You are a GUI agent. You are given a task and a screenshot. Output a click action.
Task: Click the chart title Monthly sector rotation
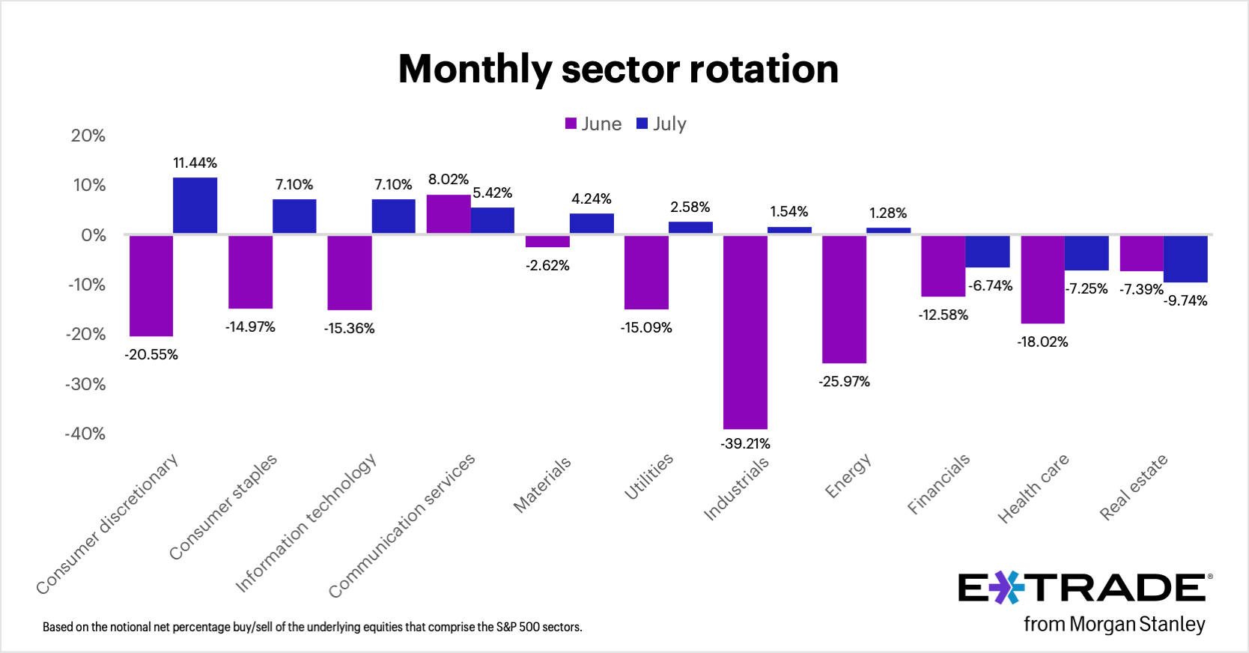(x=618, y=69)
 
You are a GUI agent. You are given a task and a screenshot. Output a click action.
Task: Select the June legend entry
(x=594, y=124)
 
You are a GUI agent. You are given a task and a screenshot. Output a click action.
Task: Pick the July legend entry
(x=662, y=124)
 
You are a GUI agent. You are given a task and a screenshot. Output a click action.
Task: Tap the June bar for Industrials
(x=745, y=332)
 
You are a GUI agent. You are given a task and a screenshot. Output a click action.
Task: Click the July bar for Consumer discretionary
(x=195, y=205)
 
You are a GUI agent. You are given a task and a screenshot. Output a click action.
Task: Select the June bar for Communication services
(x=448, y=214)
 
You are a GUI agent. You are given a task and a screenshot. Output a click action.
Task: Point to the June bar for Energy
(x=844, y=299)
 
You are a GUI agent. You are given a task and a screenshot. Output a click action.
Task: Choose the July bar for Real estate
(x=1185, y=258)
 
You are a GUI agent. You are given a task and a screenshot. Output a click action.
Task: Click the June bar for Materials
(x=547, y=241)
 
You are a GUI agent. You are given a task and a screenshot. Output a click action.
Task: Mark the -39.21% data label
(x=745, y=443)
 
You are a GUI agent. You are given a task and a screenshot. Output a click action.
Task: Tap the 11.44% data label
(x=195, y=163)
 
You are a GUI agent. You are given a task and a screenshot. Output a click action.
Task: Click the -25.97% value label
(x=844, y=381)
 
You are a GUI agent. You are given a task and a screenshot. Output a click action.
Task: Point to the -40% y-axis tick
(x=85, y=434)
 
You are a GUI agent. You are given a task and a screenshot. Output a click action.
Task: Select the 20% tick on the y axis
(x=88, y=136)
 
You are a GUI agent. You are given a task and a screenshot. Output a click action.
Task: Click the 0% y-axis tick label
(x=94, y=235)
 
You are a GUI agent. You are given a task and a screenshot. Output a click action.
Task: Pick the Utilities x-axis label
(x=648, y=476)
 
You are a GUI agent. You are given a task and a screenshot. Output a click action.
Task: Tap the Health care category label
(x=1033, y=488)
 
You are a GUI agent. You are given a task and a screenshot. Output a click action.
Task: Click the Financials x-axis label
(x=938, y=484)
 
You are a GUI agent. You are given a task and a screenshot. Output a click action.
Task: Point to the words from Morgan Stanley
(x=1114, y=624)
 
